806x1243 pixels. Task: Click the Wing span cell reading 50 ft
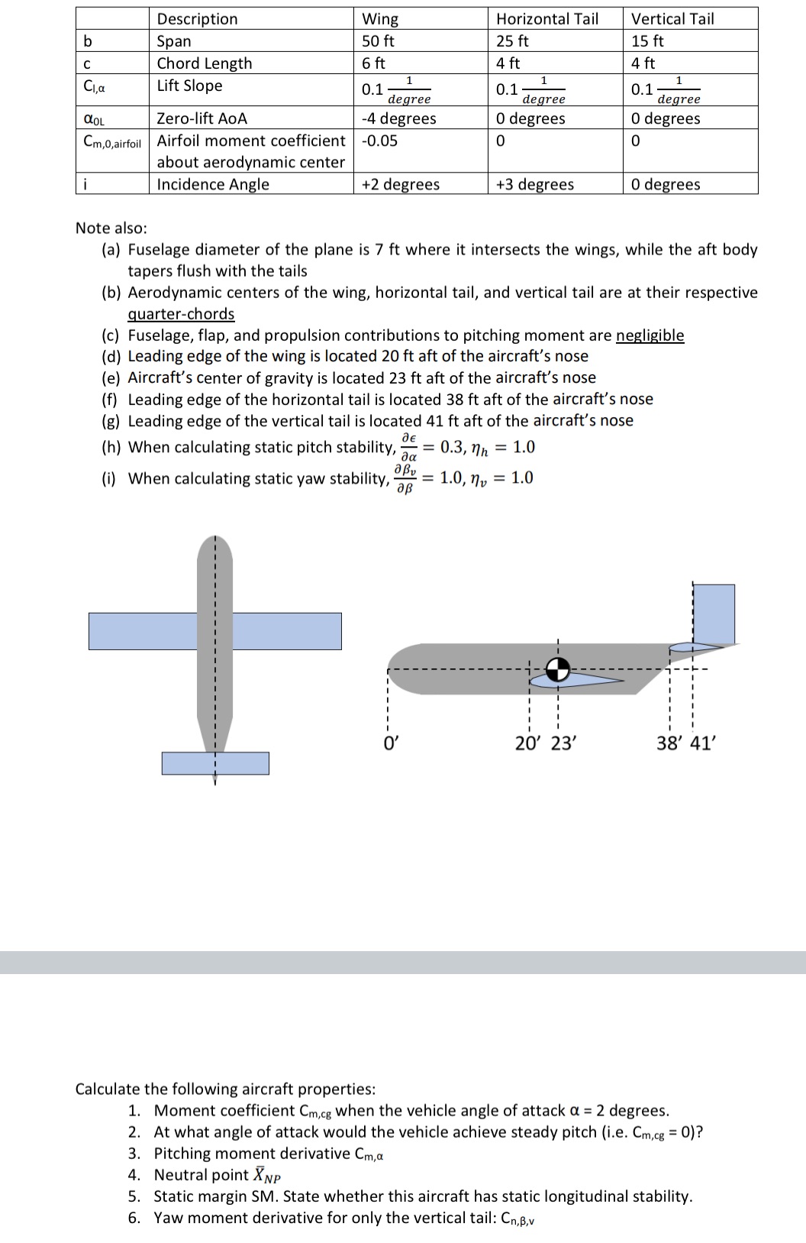pos(378,41)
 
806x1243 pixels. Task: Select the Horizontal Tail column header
pos(546,19)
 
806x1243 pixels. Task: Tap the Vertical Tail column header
pos(672,19)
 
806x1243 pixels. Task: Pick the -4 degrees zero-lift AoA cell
pos(398,118)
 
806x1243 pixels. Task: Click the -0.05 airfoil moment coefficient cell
pos(379,141)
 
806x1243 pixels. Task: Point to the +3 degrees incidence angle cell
pos(534,184)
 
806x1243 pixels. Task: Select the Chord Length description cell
pos(204,63)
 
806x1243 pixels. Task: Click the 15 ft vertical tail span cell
pos(647,41)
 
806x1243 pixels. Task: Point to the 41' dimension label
pos(703,743)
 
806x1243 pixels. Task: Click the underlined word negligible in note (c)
pos(650,335)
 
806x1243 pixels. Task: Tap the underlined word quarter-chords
pos(181,314)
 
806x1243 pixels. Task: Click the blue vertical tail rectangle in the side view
pos(714,613)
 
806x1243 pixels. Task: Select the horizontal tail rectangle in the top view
pos(215,763)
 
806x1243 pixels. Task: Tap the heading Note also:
pos(111,228)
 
